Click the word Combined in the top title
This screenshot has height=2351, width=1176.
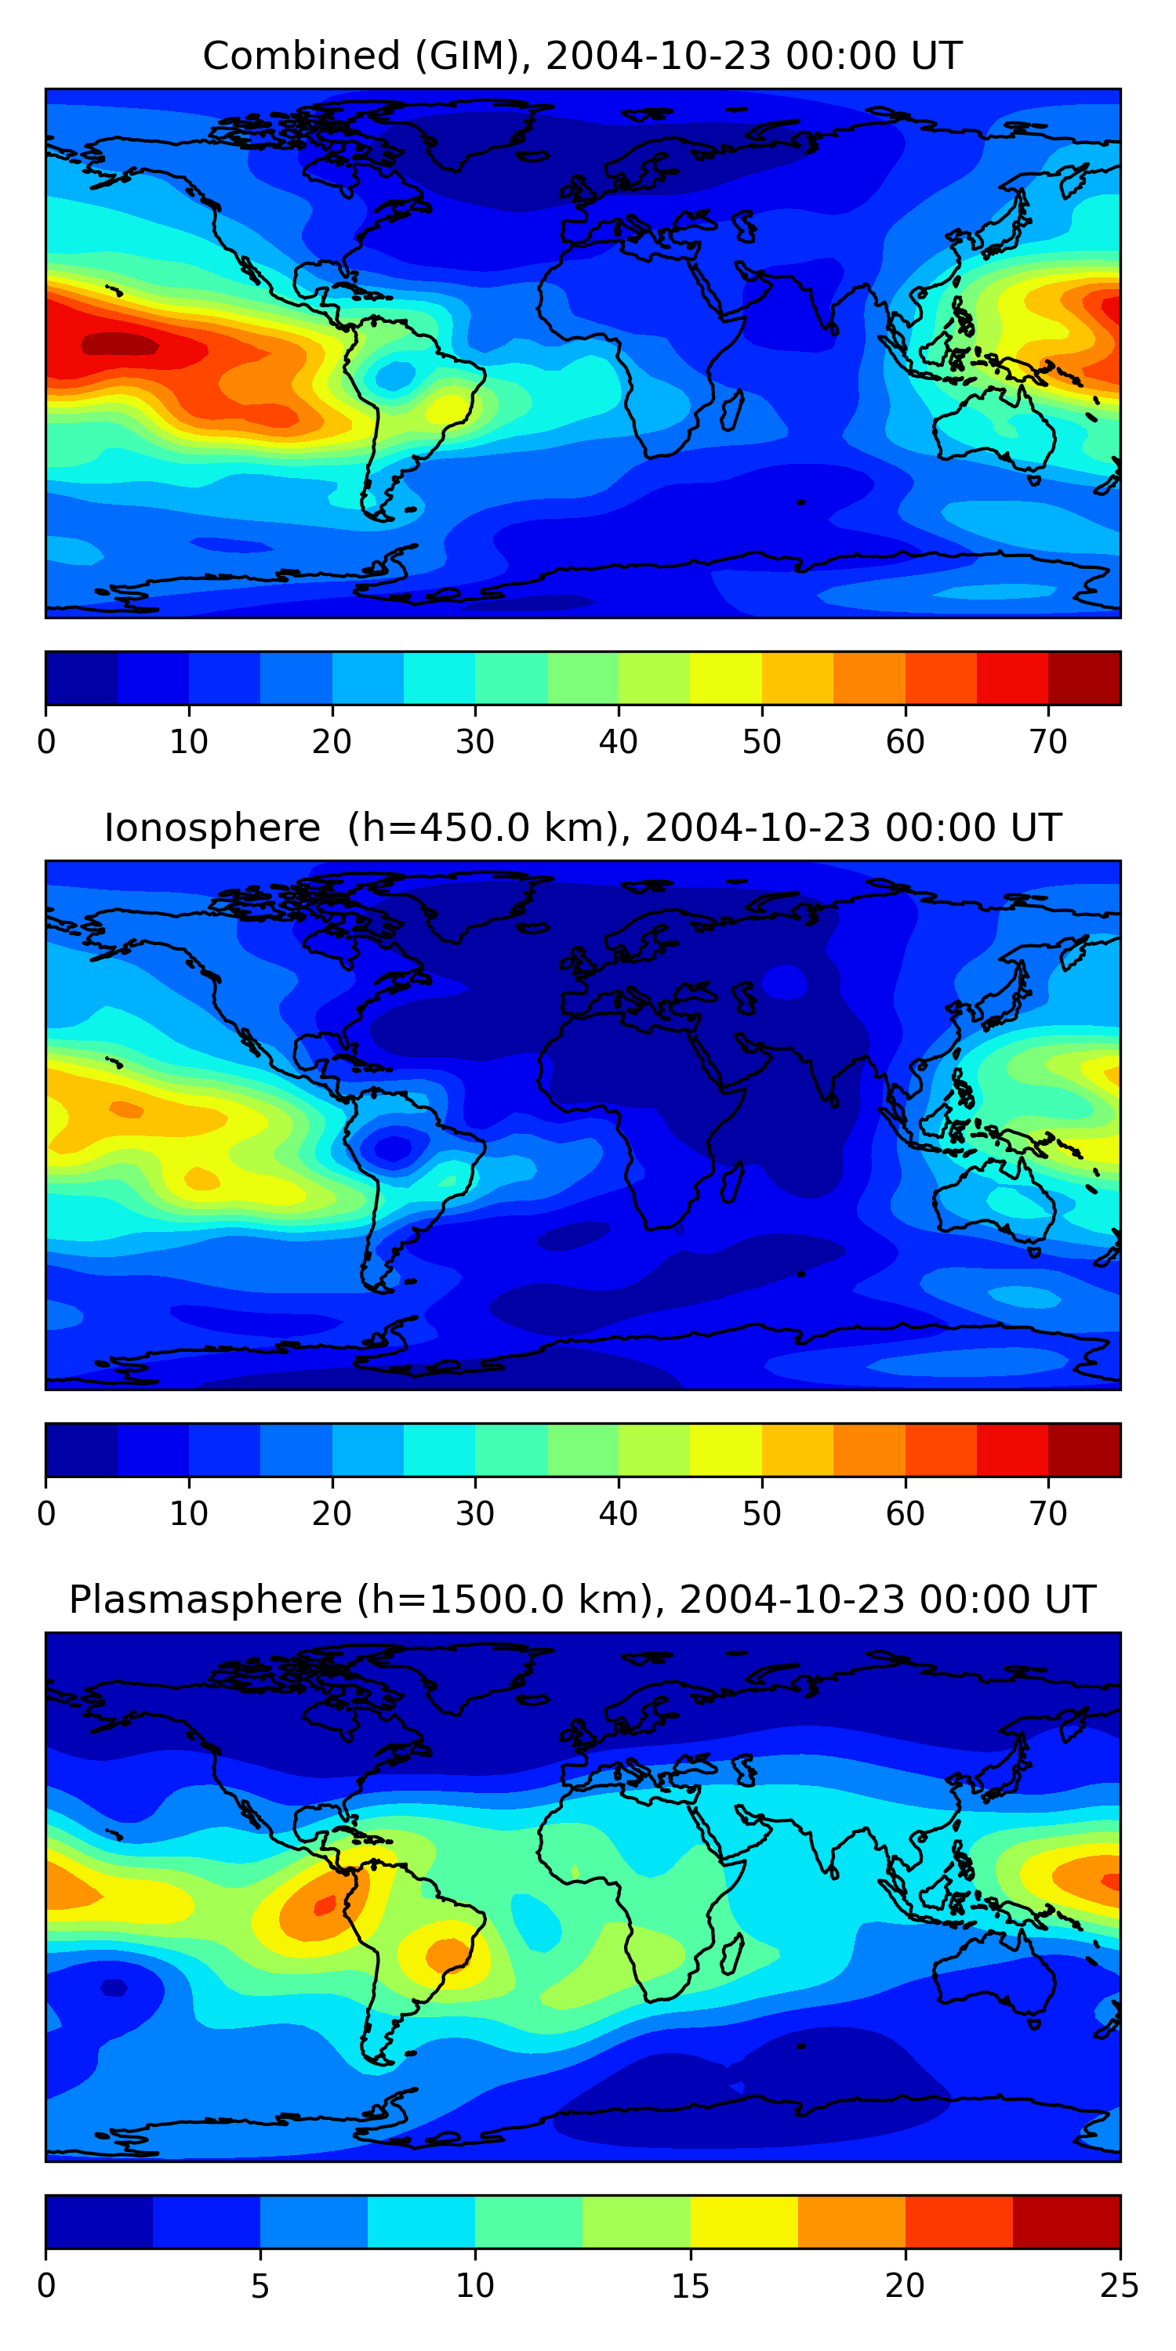tap(301, 56)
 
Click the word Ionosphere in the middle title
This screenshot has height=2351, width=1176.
tap(212, 828)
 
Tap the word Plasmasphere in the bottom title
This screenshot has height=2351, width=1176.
tap(205, 1600)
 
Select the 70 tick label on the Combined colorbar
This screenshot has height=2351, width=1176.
tap(1048, 742)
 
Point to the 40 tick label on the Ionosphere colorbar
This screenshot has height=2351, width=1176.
tap(618, 1514)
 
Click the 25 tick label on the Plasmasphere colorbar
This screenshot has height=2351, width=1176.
tap(1120, 2286)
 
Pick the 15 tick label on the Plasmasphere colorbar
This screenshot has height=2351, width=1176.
tap(690, 2286)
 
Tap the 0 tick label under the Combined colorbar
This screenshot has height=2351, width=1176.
tap(46, 742)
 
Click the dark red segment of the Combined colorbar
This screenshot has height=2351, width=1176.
tap(1083, 678)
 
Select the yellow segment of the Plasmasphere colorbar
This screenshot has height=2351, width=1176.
tap(743, 2222)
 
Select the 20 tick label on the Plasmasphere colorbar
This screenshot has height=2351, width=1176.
tap(905, 2286)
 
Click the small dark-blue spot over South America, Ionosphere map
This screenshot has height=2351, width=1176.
tap(394, 1147)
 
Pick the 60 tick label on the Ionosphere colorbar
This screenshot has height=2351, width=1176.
tap(905, 1514)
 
